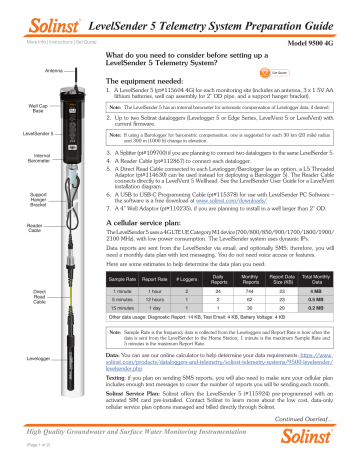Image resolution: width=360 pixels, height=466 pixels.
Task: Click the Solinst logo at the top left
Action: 32,11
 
